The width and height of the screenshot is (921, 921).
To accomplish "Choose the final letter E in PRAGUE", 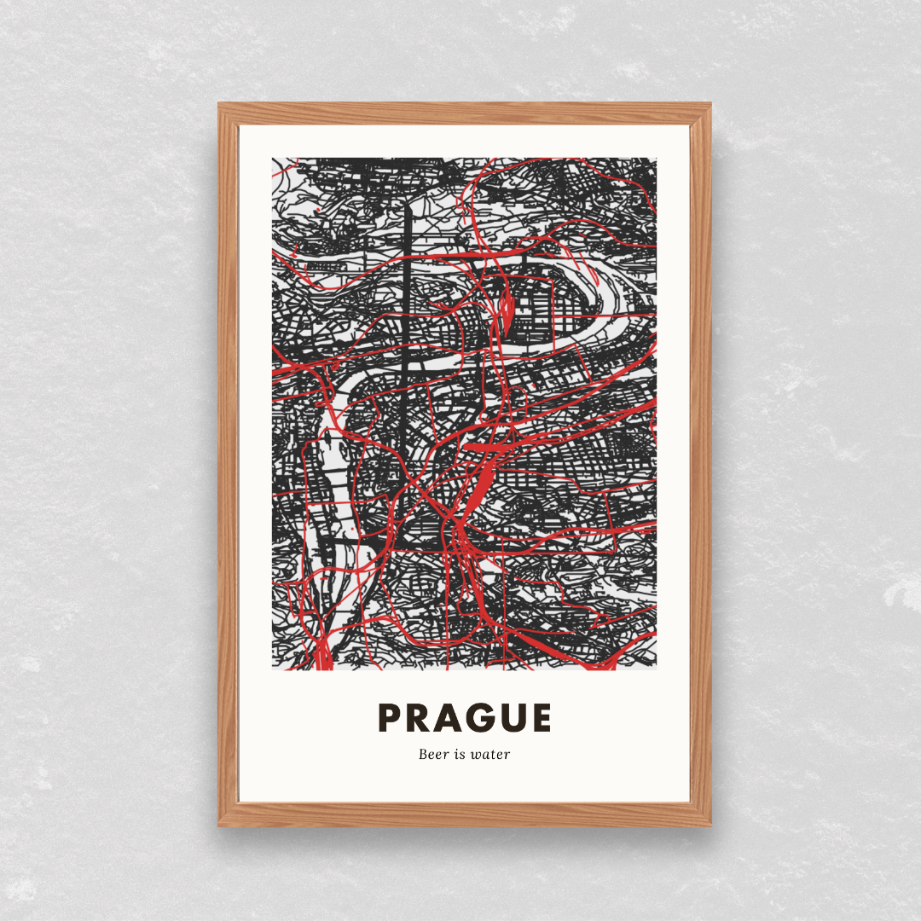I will (x=541, y=718).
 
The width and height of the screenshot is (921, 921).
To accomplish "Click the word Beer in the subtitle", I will (x=433, y=754).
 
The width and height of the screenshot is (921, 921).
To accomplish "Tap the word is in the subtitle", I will (x=461, y=754).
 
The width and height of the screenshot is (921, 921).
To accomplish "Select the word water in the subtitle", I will (x=491, y=754).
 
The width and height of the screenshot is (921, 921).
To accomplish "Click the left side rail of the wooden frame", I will (x=228, y=465).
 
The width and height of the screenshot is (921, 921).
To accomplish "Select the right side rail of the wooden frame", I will (x=700, y=465).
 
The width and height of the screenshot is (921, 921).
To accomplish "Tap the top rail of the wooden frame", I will (x=465, y=113).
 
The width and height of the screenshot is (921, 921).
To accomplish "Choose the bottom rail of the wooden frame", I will (x=465, y=814).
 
